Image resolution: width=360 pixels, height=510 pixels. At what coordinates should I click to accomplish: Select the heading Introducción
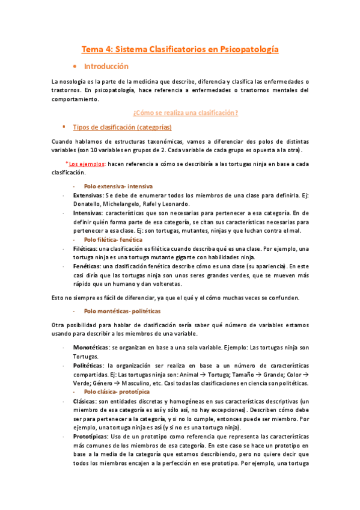(106, 66)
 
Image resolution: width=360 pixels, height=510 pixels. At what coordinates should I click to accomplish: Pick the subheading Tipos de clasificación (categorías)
(122, 127)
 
